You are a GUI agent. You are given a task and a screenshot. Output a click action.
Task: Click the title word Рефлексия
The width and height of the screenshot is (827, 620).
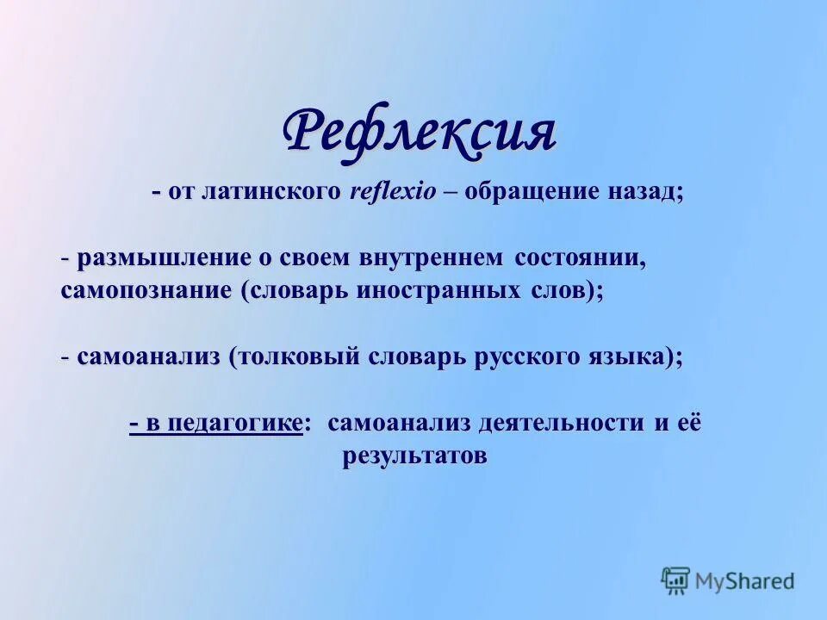(420, 132)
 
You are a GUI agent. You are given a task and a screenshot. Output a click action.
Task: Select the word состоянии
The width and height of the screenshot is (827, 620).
(578, 258)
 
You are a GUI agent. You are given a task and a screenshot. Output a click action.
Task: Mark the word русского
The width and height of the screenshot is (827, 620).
(519, 356)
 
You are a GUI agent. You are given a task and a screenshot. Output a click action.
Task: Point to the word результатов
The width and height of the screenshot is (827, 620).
(414, 456)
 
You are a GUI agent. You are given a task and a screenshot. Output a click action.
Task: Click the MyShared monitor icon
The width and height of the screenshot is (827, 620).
(676, 580)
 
